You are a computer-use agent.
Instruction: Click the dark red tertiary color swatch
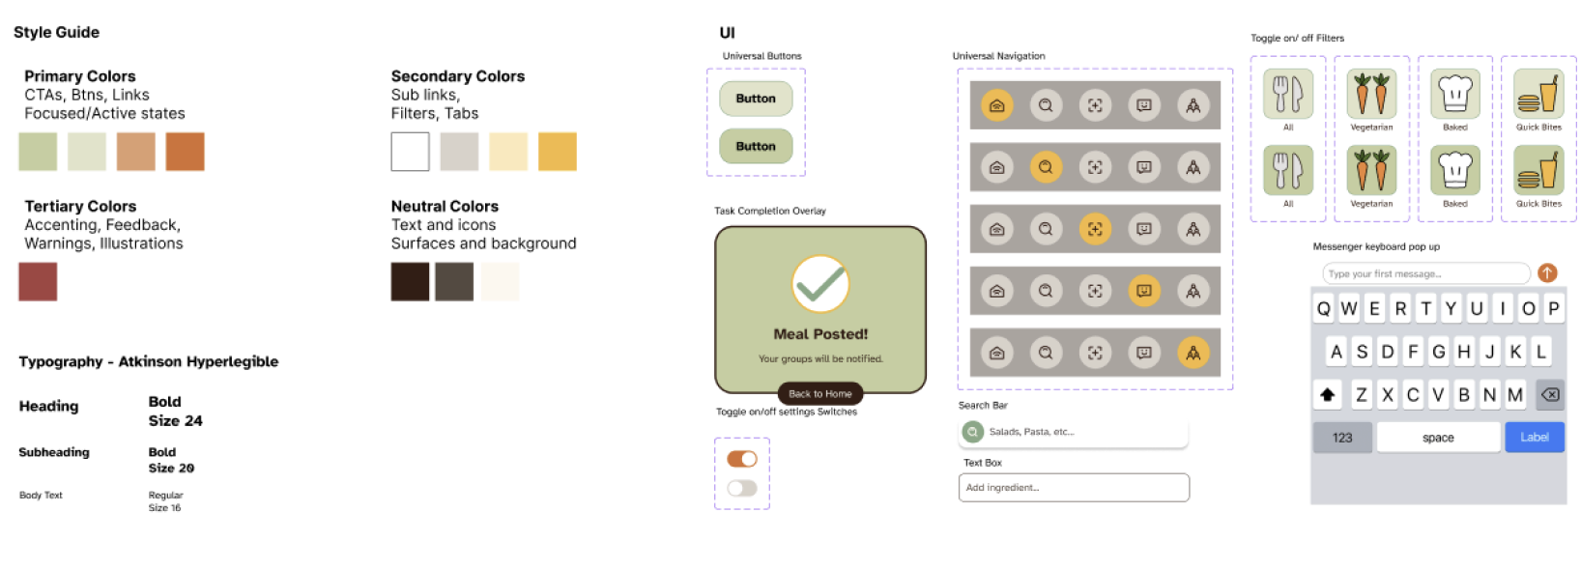pos(38,281)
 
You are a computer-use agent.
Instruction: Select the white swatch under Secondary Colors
pos(410,152)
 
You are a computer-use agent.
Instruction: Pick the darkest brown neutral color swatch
pos(410,281)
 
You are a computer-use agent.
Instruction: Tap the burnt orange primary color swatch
pos(185,152)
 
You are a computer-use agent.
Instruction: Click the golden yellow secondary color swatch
pos(558,152)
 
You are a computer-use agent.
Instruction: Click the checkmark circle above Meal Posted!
pos(820,284)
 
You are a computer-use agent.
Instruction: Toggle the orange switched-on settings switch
pos(742,459)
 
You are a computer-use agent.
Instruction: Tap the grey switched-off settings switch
pos(742,488)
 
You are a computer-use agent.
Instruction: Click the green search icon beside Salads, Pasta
pos(972,431)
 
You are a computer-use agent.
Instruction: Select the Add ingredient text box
pos(1074,488)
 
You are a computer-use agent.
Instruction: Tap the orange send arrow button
pos(1547,273)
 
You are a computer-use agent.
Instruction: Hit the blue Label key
pos(1535,438)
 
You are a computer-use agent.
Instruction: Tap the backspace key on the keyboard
pos(1550,394)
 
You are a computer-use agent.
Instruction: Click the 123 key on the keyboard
pos(1342,438)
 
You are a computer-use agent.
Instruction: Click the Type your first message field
pos(1425,273)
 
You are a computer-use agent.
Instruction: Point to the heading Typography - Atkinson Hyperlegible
pos(149,362)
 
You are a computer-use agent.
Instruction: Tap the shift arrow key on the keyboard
pos(1328,394)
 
